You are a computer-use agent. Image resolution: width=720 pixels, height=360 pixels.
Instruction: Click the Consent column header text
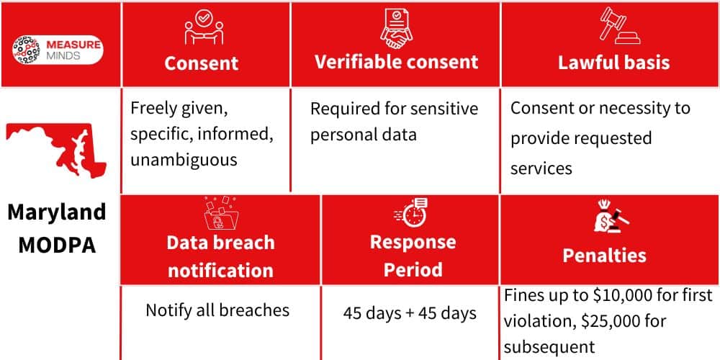click(x=201, y=63)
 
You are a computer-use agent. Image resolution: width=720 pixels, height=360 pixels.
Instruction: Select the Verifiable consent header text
click(x=396, y=61)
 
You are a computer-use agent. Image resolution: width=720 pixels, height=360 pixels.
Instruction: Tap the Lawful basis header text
click(x=613, y=62)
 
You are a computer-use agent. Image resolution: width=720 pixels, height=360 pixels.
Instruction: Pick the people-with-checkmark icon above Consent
click(x=202, y=29)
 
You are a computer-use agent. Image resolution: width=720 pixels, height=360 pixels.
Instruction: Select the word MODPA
click(x=57, y=244)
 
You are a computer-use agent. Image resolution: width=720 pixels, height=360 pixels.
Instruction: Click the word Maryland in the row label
click(x=57, y=212)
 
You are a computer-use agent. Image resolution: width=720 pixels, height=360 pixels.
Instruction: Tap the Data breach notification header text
click(x=220, y=256)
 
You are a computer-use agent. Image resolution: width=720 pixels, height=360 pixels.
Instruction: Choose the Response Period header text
click(x=413, y=256)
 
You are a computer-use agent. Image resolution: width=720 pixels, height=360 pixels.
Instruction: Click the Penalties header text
click(x=604, y=255)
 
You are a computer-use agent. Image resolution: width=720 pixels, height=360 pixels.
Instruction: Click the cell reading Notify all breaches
click(x=217, y=310)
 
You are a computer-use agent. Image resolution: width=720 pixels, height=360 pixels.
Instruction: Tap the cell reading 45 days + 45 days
click(x=410, y=313)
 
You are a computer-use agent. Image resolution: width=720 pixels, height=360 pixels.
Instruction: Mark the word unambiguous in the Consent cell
click(x=184, y=160)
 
